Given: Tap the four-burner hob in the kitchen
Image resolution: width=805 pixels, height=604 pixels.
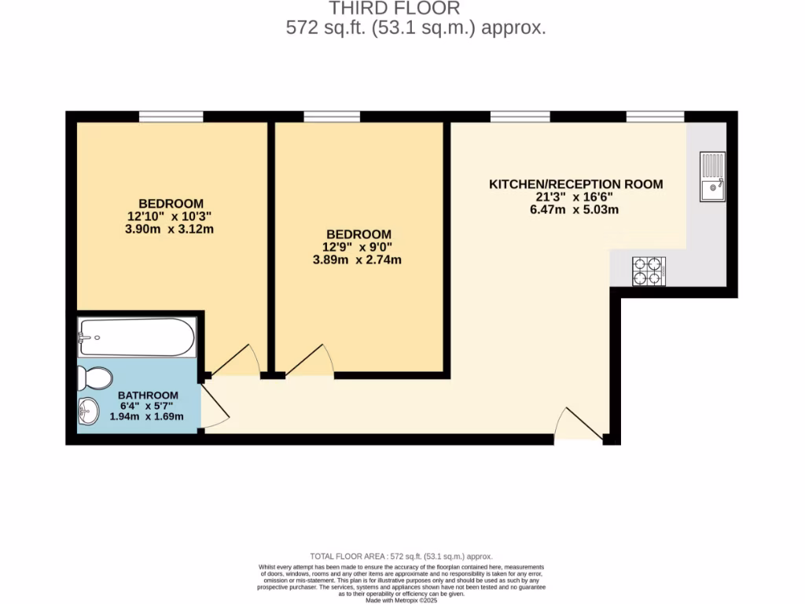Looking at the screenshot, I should (x=649, y=271).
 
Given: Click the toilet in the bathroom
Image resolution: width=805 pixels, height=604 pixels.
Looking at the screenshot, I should (x=95, y=378).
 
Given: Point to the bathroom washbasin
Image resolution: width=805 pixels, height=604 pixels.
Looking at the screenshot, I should (x=88, y=410).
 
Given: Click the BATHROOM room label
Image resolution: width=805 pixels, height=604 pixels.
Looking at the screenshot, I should (x=148, y=395).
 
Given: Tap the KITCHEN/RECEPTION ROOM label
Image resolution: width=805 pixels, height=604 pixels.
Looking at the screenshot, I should (x=576, y=184).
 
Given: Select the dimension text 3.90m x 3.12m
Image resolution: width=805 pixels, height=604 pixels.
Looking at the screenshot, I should (x=171, y=230).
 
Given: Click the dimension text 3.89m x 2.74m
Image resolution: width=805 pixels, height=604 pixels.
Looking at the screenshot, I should (x=358, y=260).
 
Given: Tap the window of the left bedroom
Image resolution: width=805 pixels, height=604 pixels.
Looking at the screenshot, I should (x=171, y=117).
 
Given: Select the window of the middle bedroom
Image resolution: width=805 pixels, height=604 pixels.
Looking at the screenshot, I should (x=332, y=117).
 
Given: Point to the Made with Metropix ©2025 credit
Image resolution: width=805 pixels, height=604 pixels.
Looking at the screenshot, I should (x=402, y=600).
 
